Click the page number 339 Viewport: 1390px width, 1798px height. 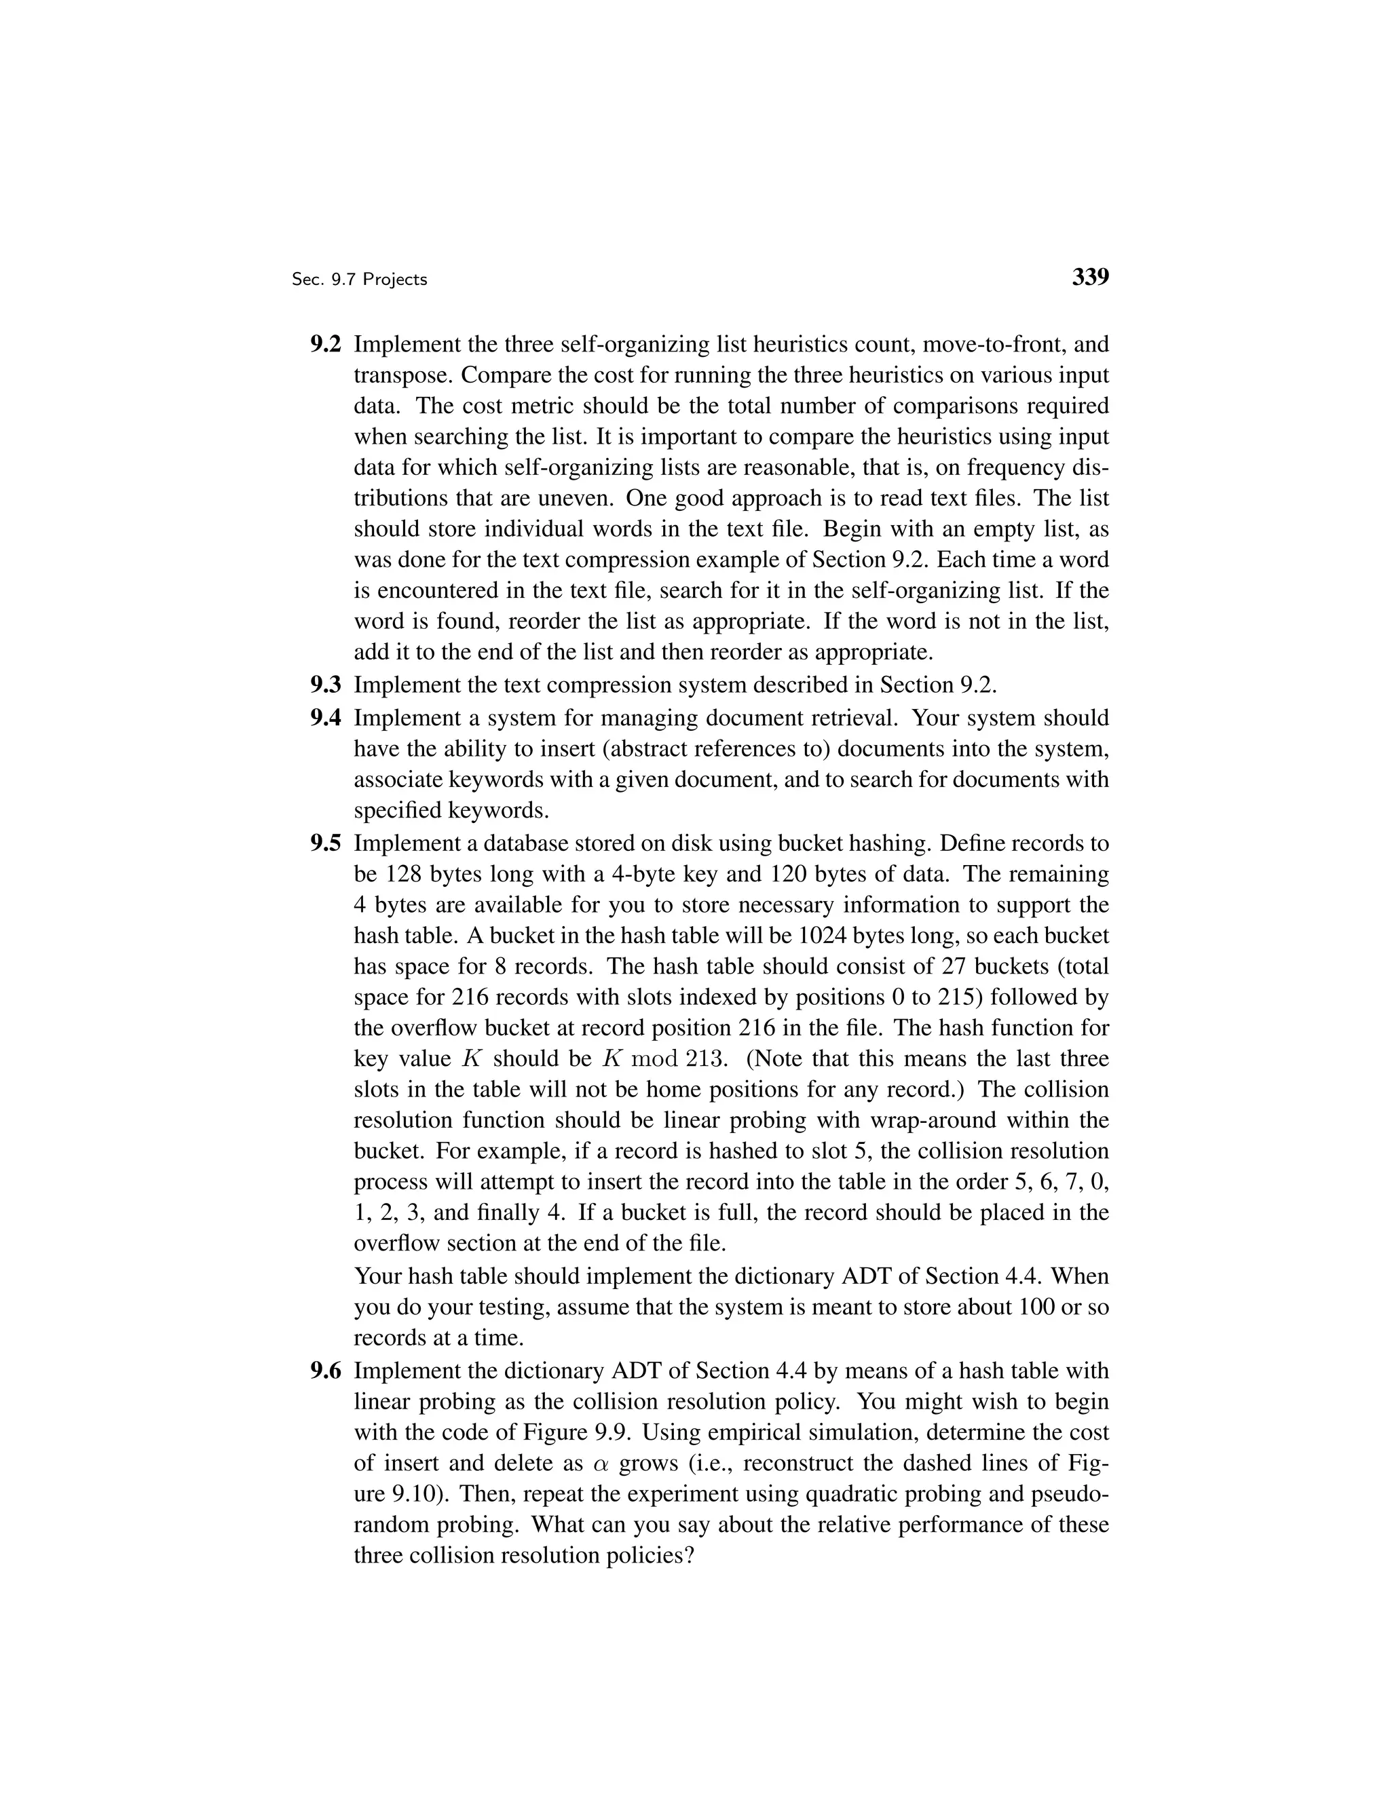(x=1090, y=278)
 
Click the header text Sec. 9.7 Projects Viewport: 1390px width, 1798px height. (x=359, y=280)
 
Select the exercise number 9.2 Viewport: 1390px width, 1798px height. (x=325, y=344)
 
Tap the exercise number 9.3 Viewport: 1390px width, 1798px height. (x=325, y=685)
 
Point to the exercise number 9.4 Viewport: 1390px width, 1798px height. (x=325, y=718)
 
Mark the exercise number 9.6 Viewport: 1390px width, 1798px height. (x=325, y=1371)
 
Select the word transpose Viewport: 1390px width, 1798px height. (x=402, y=375)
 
